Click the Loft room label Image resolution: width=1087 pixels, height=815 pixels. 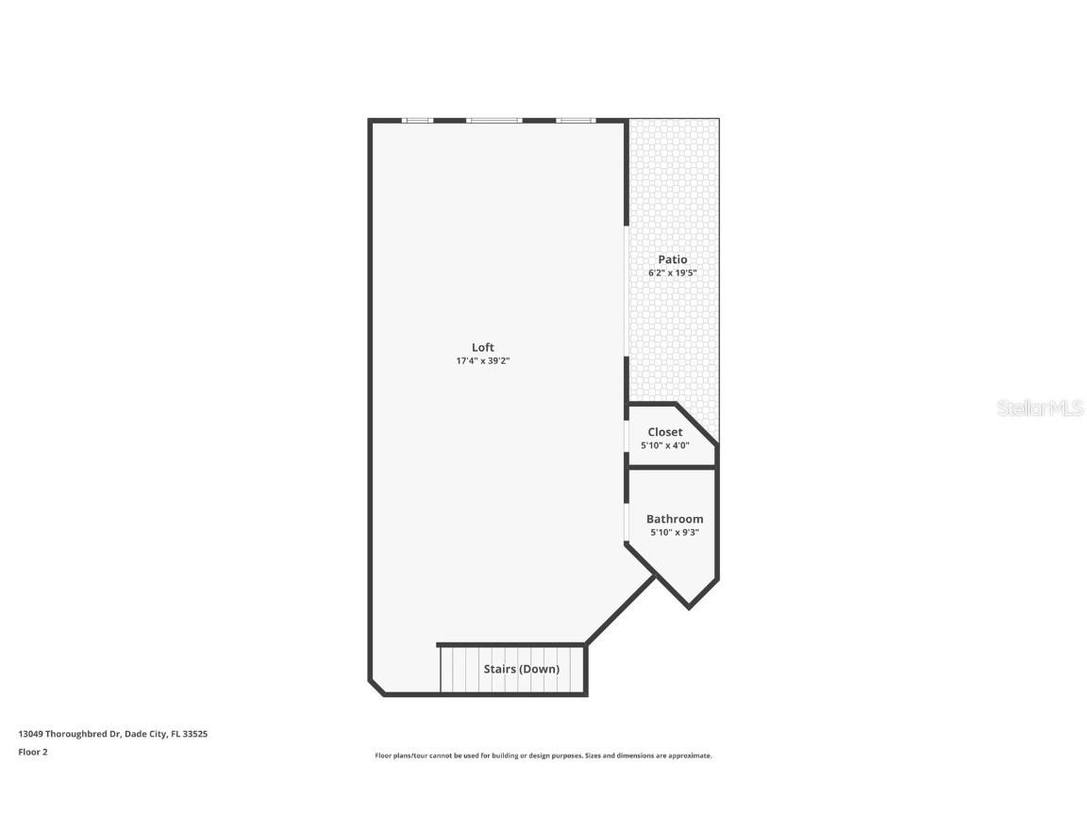point(482,347)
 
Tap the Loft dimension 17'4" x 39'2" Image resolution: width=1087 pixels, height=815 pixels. point(482,360)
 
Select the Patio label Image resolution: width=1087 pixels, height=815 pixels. point(672,259)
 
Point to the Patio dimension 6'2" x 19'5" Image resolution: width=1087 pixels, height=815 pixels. point(672,273)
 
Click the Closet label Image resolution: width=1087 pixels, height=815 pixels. point(664,432)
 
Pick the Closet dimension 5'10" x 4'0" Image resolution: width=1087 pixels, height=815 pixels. point(664,445)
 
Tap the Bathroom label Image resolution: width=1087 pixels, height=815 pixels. point(674,519)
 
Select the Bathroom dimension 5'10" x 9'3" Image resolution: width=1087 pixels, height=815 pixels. point(674,532)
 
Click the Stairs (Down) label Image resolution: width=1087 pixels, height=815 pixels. point(521,669)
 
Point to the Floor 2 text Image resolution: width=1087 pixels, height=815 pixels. point(32,752)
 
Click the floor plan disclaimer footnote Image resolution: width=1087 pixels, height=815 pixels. point(543,756)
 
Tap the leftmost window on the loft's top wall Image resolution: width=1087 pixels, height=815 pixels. point(417,121)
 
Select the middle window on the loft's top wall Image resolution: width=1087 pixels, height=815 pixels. point(493,121)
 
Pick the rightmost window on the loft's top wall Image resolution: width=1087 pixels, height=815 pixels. point(575,121)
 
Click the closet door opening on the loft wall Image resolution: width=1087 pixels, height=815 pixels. point(627,436)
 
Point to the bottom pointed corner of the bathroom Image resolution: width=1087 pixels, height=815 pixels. point(689,607)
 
